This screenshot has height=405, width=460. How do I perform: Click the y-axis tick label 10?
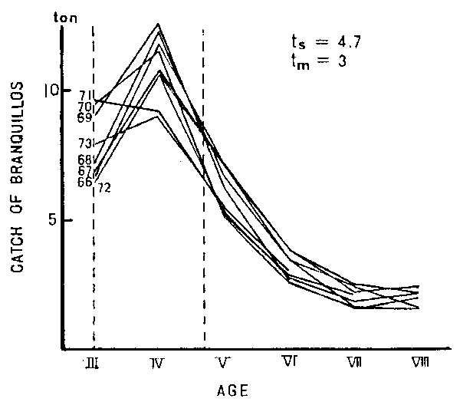[x=51, y=90]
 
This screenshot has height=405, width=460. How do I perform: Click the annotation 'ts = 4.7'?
[x=317, y=43]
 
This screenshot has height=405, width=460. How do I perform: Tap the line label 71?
[x=84, y=95]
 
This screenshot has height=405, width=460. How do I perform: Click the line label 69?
[x=84, y=117]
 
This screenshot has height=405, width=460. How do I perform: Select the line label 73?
[x=84, y=143]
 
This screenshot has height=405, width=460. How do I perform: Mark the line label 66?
[x=84, y=183]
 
